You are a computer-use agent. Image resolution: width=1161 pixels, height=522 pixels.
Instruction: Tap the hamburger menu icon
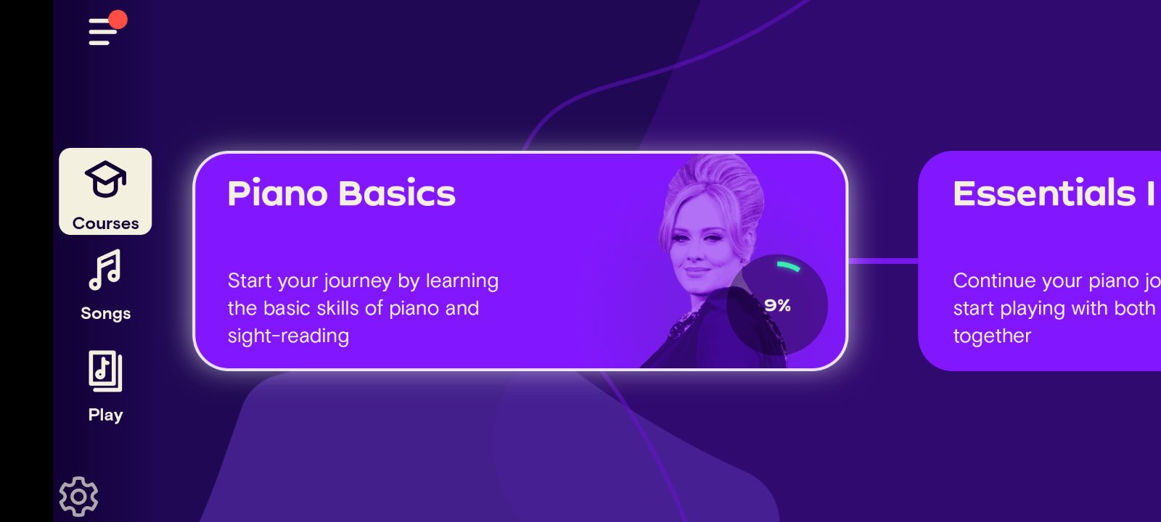(x=103, y=32)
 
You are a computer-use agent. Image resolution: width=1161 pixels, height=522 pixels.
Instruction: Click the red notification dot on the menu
(x=118, y=20)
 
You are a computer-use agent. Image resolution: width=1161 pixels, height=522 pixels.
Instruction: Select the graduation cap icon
(x=105, y=179)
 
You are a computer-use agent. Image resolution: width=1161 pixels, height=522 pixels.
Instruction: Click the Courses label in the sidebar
(x=106, y=223)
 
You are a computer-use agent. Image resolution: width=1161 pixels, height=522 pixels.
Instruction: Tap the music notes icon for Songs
(x=105, y=270)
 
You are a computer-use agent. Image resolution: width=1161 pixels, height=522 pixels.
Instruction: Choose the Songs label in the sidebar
(x=106, y=313)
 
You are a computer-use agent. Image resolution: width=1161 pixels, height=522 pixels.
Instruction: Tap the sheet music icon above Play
(x=105, y=371)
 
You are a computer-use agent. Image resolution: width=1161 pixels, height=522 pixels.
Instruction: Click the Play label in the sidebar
(x=105, y=415)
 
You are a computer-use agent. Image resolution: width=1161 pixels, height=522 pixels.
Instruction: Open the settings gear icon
(x=78, y=497)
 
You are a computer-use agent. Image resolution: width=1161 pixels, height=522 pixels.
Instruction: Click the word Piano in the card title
(x=278, y=193)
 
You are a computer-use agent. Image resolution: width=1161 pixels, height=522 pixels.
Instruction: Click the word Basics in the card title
(x=397, y=193)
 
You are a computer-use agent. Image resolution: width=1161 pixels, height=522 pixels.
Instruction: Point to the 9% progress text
(x=777, y=305)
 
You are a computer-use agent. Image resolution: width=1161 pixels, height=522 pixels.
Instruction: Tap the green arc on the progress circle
(x=788, y=266)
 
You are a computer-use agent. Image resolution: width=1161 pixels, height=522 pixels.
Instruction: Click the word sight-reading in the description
(x=288, y=336)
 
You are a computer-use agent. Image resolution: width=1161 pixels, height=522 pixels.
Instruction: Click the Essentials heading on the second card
(x=1044, y=193)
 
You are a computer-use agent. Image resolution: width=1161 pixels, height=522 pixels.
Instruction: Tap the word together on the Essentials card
(x=992, y=336)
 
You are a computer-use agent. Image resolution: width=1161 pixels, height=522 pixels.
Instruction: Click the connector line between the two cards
(x=883, y=261)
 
